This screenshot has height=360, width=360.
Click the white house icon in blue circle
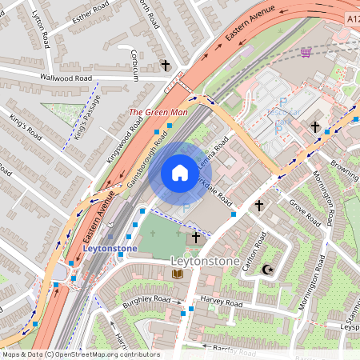[x=180, y=173]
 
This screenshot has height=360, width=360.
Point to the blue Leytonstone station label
[x=110, y=249]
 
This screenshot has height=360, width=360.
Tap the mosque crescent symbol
[x=267, y=270]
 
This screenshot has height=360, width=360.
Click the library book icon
[x=178, y=274]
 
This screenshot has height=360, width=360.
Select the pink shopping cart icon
[x=306, y=53]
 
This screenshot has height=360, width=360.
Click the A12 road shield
[x=353, y=17]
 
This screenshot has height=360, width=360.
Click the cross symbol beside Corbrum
[x=166, y=65]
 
